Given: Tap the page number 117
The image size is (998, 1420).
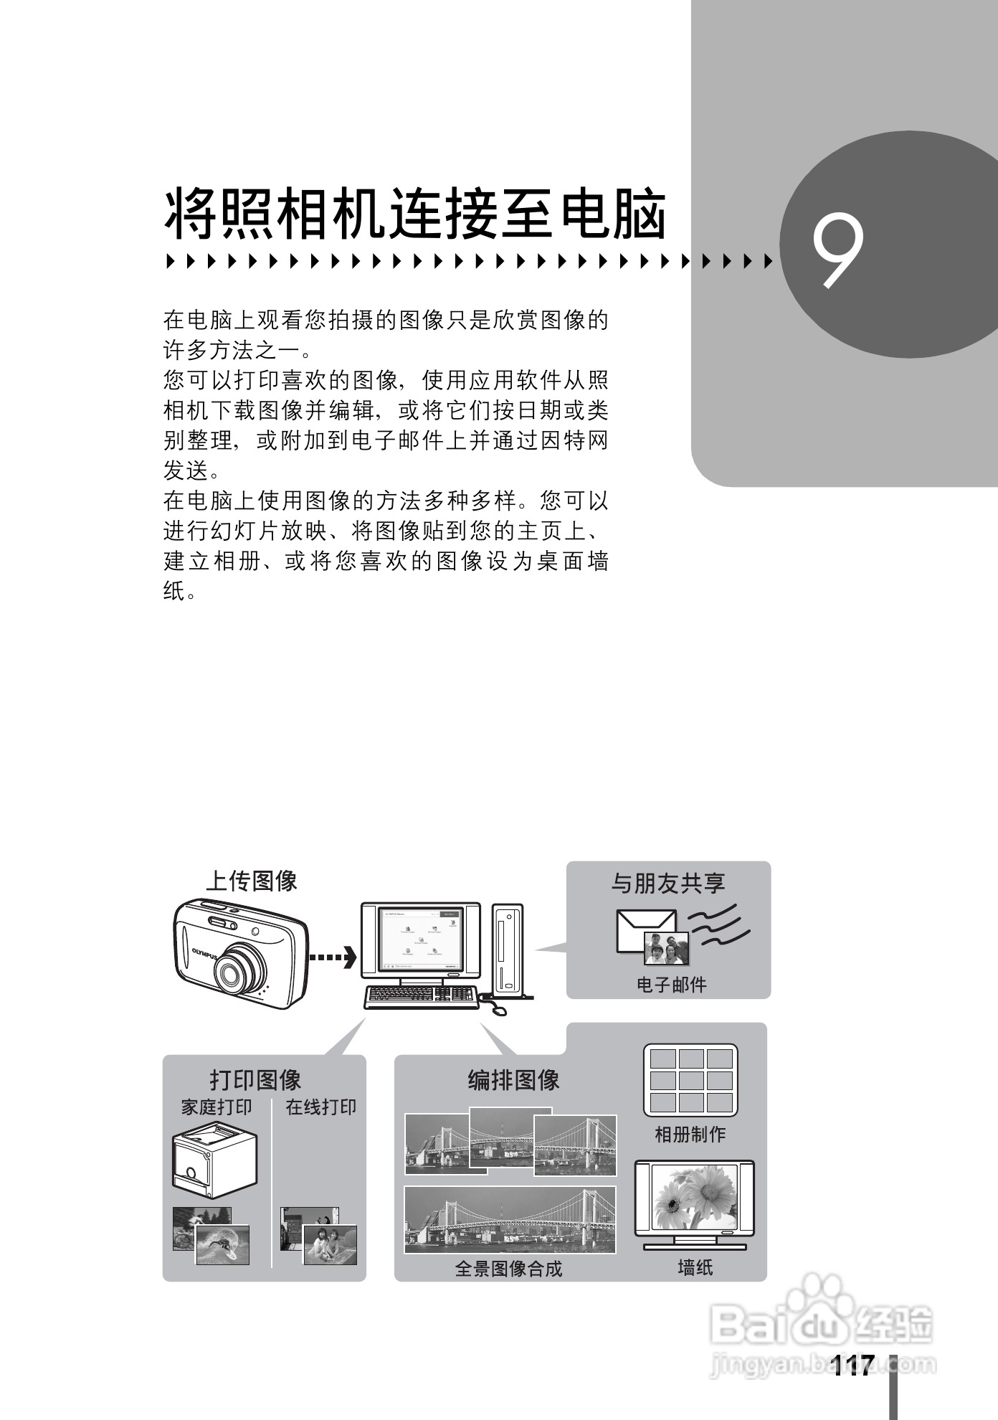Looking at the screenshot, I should [x=853, y=1365].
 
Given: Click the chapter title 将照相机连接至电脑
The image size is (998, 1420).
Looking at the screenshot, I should [x=416, y=214].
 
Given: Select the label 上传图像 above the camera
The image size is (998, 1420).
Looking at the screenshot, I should [x=252, y=881].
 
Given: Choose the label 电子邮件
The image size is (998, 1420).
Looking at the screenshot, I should [x=671, y=985].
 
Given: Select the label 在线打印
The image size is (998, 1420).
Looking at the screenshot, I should [x=320, y=1107].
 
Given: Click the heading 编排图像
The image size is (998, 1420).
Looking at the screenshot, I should [x=513, y=1080].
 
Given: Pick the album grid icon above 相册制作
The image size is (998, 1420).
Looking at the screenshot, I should [x=690, y=1080].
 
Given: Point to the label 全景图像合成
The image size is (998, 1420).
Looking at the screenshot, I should [x=508, y=1269].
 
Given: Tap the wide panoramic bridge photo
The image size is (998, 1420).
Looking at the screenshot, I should [x=510, y=1219].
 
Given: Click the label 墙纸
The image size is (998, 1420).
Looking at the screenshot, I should [x=695, y=1268].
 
